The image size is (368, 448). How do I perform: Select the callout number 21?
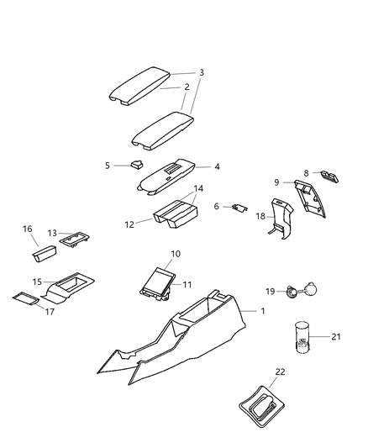(336, 336)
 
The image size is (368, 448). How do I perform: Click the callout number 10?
(176, 253)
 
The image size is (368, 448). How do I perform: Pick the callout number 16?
(28, 228)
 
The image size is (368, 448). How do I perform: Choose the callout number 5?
(108, 166)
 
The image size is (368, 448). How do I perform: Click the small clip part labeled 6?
(239, 207)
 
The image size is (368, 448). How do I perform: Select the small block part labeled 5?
(137, 165)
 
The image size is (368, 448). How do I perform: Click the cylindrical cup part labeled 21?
(303, 334)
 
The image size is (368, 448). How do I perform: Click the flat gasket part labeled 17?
(25, 298)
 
